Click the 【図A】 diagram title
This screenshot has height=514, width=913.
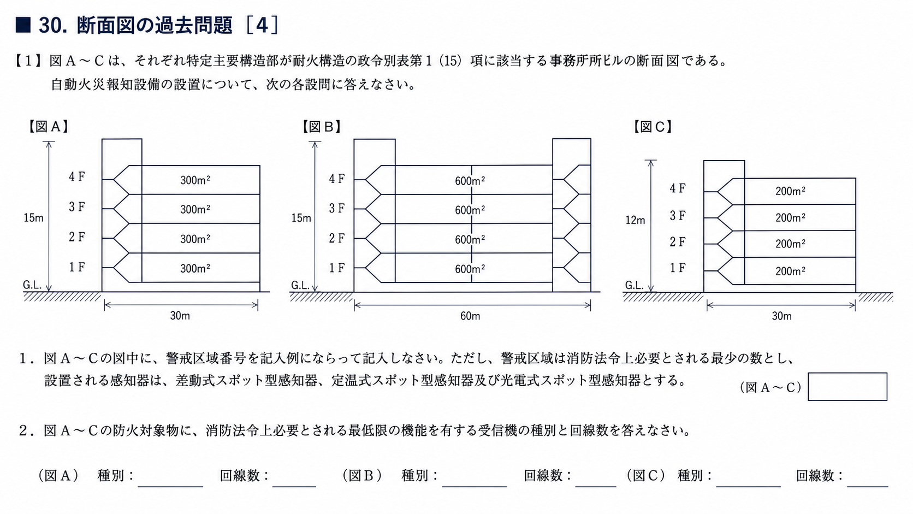(48, 127)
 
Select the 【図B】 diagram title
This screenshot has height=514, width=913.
(322, 127)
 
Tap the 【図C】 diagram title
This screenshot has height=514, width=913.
(653, 127)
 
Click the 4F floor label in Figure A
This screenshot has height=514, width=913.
(77, 177)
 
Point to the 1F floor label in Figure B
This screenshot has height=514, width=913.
(337, 268)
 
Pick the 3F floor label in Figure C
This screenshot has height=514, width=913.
(678, 215)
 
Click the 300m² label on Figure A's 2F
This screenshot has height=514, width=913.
(195, 239)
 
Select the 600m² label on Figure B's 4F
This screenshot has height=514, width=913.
(470, 181)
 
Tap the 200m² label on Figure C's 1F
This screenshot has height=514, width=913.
(790, 271)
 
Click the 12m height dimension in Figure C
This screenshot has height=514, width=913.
(636, 221)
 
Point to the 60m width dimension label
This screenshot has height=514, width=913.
(470, 316)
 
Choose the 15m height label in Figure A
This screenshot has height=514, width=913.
(33, 218)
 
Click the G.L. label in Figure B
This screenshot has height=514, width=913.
(300, 285)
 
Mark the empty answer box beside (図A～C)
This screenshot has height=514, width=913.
(847, 386)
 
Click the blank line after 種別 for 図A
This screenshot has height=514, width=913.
(170, 486)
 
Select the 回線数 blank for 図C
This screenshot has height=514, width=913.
(868, 486)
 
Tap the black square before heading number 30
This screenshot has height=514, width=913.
(23, 25)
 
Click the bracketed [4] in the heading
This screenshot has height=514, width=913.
(263, 25)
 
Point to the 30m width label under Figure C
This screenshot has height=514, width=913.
(782, 316)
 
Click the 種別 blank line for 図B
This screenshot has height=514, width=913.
(475, 486)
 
